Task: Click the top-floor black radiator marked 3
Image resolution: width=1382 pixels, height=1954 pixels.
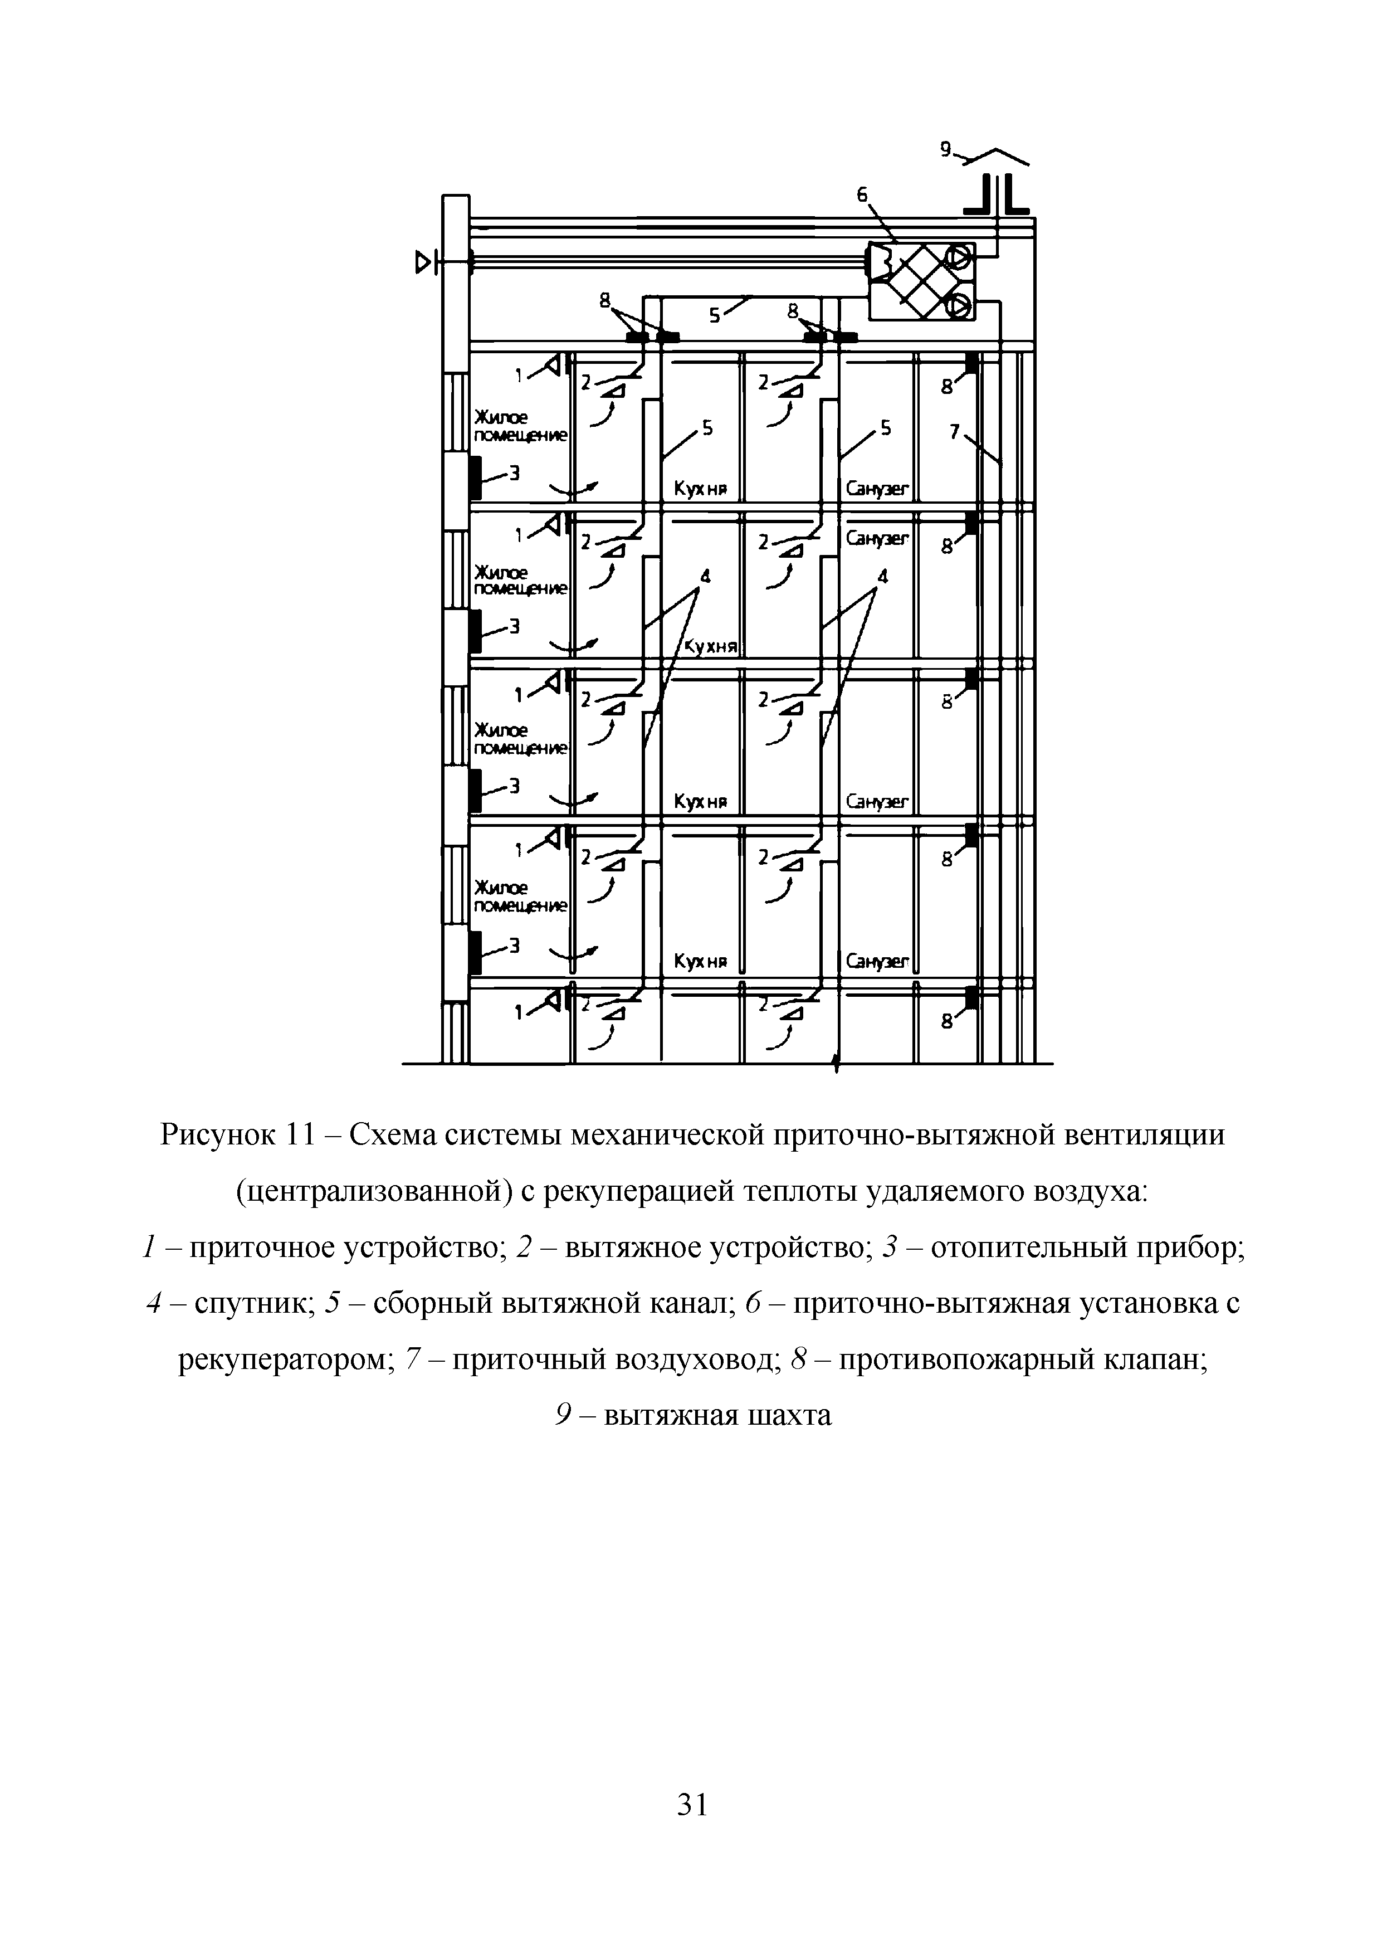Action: pyautogui.click(x=475, y=478)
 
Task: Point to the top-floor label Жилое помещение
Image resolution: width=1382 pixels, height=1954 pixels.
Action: pyautogui.click(x=519, y=426)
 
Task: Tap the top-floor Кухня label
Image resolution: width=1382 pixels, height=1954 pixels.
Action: pyautogui.click(x=699, y=489)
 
